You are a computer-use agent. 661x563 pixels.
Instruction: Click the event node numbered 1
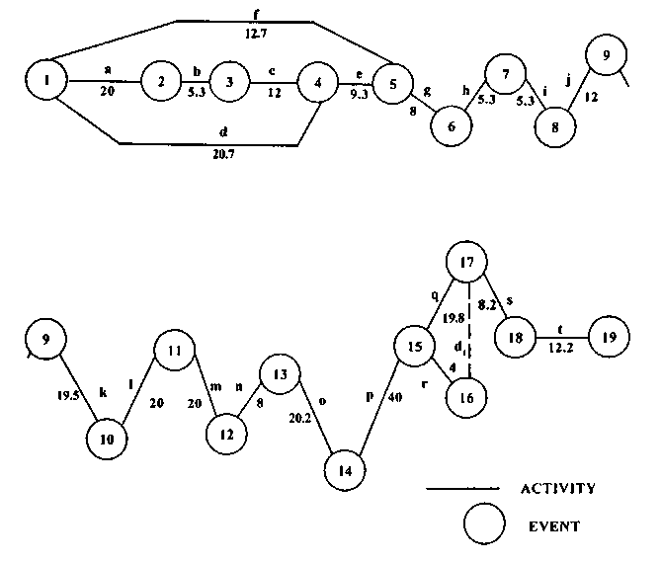tap(47, 81)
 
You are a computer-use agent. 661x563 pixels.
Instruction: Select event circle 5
tap(392, 85)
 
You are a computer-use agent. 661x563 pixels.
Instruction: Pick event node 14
tap(345, 470)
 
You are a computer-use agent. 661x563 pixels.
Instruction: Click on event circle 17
tap(468, 263)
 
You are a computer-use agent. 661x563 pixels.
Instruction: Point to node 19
tap(609, 337)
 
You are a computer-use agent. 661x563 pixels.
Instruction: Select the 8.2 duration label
tap(487, 305)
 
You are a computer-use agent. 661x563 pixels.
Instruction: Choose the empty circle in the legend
tap(484, 523)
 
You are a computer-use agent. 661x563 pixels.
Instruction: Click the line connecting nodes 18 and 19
tap(561, 337)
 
